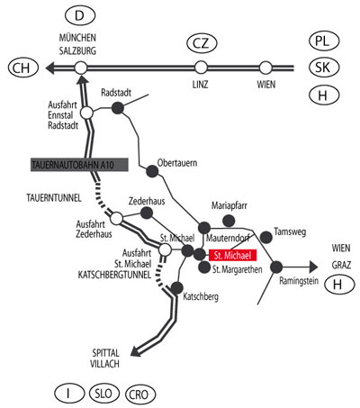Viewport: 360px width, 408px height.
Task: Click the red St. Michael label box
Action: point(233,255)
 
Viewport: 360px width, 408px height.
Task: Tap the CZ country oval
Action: point(202,43)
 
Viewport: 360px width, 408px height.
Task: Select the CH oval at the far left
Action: point(23,68)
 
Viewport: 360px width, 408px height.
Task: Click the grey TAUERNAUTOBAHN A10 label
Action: point(79,165)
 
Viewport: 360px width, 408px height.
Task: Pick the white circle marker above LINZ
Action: point(201,68)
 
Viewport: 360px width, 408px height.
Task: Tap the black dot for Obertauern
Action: point(152,171)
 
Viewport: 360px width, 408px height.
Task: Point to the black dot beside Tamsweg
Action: point(265,237)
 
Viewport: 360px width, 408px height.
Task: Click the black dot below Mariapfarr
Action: point(229,221)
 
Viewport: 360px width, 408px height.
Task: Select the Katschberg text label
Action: point(201,297)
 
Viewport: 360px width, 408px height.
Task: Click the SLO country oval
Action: point(104,393)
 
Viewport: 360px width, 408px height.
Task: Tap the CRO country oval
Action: point(140,394)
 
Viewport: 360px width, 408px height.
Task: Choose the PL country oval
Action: point(324,41)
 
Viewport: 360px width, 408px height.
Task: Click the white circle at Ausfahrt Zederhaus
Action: point(116,218)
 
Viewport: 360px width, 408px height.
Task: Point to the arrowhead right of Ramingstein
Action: point(313,267)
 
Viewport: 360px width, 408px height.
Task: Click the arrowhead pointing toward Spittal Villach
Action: point(136,350)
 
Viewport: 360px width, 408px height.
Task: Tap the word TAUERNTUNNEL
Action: point(54,198)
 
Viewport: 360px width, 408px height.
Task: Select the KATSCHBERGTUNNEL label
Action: point(114,275)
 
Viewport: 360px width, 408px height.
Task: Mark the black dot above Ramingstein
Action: point(276,267)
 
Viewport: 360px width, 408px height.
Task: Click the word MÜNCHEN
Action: point(77,38)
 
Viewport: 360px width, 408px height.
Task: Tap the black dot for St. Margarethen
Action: point(204,267)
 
